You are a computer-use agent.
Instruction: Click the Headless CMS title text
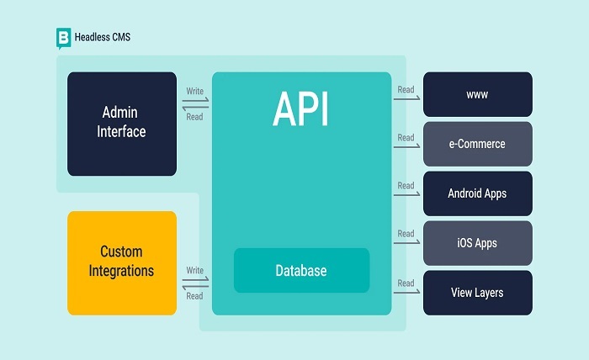(x=103, y=37)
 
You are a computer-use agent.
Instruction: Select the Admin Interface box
(x=122, y=122)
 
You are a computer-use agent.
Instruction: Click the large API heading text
(x=300, y=109)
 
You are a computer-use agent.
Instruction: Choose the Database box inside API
(x=301, y=271)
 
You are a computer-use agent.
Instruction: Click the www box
(x=477, y=94)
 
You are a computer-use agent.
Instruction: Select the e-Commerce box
(x=477, y=144)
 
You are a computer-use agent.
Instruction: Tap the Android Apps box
(x=477, y=193)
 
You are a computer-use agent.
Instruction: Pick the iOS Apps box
(x=477, y=243)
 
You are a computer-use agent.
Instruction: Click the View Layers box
(x=477, y=293)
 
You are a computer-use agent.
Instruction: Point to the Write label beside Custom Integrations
(x=194, y=270)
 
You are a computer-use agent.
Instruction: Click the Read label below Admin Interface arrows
(x=194, y=117)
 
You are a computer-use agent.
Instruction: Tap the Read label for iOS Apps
(x=406, y=234)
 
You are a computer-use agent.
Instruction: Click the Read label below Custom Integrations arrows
(x=194, y=296)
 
